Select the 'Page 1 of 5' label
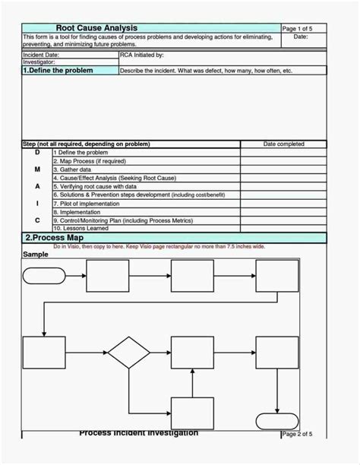point(297,28)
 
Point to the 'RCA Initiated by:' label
point(141,55)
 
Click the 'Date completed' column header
point(283,144)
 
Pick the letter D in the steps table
point(37,153)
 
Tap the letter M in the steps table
point(37,169)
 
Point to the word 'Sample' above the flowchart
point(36,255)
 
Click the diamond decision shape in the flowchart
point(128,353)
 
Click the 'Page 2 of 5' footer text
point(297,434)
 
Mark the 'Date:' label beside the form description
point(301,36)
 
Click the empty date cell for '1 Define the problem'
point(283,153)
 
